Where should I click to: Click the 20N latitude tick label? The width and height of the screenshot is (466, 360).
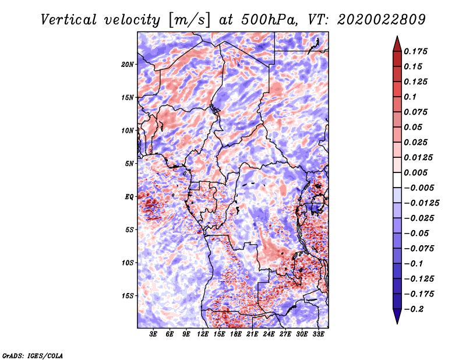point(128,65)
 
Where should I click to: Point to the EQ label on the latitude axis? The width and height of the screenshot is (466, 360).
point(129,197)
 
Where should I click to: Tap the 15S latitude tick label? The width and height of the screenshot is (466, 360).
point(128,296)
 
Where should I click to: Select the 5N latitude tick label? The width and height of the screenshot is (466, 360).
point(129,164)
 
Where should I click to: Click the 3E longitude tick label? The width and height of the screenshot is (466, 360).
point(153,334)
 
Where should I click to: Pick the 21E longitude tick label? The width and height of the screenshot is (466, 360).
point(252,334)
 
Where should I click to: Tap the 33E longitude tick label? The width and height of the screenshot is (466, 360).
point(318,334)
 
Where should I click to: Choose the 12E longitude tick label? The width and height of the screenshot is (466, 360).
point(202,334)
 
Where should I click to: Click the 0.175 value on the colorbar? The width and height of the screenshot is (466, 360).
point(415,51)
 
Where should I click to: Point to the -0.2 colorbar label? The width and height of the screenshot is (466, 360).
point(414,309)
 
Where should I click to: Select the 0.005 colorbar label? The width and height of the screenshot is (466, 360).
point(415,172)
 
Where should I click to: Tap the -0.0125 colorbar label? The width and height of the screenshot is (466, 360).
point(421,203)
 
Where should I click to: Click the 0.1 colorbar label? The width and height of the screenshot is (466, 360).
point(410,97)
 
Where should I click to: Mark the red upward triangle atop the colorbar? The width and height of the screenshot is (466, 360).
point(397,44)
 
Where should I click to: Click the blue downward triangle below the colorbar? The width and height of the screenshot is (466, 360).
point(397,316)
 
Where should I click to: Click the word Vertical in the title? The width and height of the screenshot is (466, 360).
point(69,20)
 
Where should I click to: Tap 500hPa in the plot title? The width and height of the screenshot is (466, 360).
point(270,20)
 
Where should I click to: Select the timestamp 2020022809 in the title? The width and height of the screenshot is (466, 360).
point(382,20)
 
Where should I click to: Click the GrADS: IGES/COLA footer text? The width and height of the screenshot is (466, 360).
point(33,355)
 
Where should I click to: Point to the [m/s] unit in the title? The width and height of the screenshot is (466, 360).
point(189,20)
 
